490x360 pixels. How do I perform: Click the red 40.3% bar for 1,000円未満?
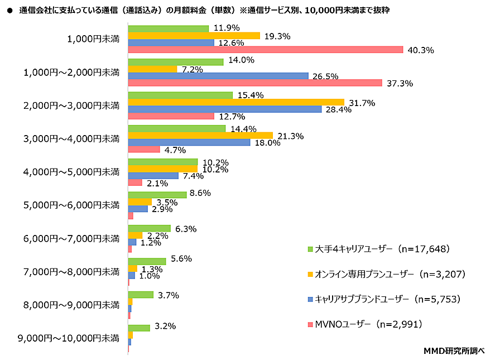pos(265,50)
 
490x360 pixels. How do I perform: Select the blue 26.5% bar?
pos(218,76)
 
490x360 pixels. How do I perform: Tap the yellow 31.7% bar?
pos(236,102)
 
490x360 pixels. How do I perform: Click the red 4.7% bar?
pos(144,150)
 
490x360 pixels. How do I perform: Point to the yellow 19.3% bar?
pos(194,36)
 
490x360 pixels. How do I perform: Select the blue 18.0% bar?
pos(189,142)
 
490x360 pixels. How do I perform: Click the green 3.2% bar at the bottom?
pos(139,328)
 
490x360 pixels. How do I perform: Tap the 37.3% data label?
pos(400,84)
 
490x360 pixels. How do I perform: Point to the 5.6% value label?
pos(181,259)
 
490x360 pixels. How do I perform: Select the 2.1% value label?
pos(158,184)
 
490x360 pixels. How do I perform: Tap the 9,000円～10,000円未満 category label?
pos(69,338)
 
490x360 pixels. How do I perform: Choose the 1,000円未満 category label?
pos(93,39)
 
